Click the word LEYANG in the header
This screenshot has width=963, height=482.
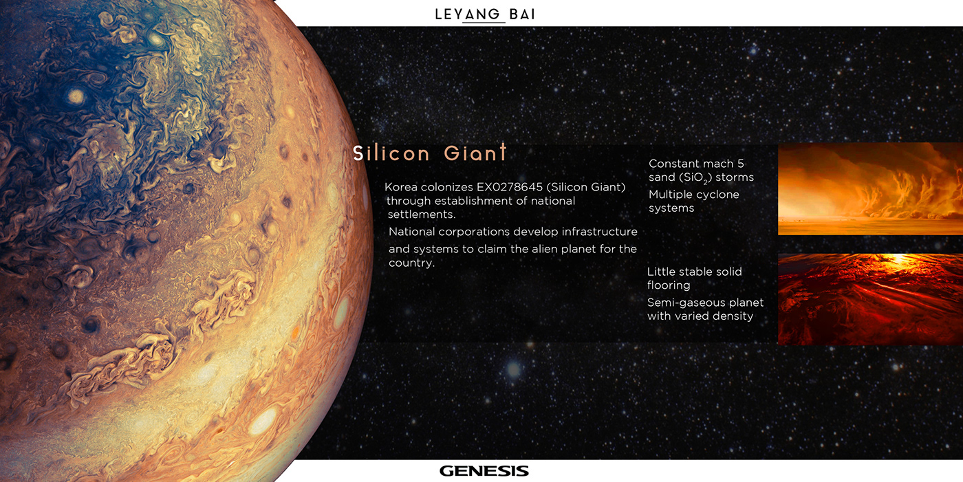coord(467,14)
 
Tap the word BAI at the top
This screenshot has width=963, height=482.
coord(522,14)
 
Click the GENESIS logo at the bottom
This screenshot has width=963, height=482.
coord(484,471)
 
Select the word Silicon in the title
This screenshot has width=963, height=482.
coord(391,153)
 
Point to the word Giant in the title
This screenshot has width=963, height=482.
coord(475,153)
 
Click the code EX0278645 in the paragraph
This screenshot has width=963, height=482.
coord(510,187)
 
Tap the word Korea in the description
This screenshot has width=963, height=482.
coord(400,187)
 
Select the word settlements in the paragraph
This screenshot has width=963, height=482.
coord(421,215)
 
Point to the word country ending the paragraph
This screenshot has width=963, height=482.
coord(411,263)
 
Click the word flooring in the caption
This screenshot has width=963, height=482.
coord(669,285)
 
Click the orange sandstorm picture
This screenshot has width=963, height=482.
coord(870,189)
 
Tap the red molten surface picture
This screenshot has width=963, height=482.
coord(870,299)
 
